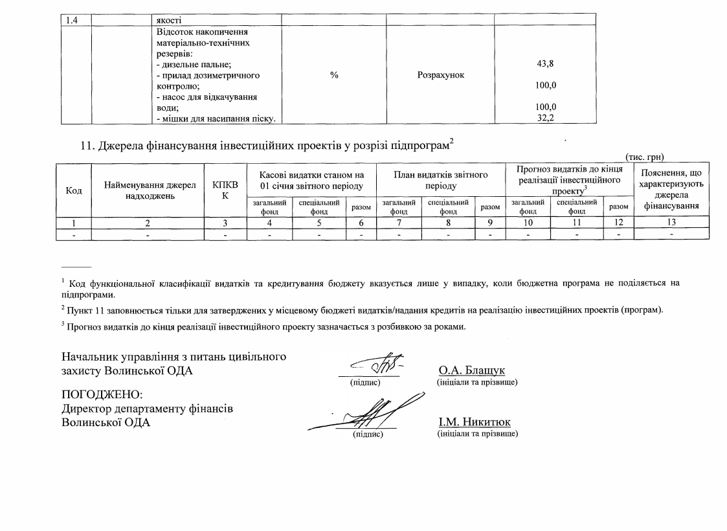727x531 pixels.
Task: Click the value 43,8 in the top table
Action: coord(545,64)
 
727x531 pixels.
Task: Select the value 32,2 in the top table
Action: coord(545,119)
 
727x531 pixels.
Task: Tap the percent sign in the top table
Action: coord(334,75)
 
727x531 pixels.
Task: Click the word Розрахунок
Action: coord(440,75)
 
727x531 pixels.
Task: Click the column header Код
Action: coord(74,190)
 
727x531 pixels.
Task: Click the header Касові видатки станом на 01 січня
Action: coord(311,180)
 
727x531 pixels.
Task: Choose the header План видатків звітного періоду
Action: coord(440,180)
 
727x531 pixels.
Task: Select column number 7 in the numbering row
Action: coord(399,223)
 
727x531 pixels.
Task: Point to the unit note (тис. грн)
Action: coord(645,157)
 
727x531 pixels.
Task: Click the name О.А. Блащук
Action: coord(471,370)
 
